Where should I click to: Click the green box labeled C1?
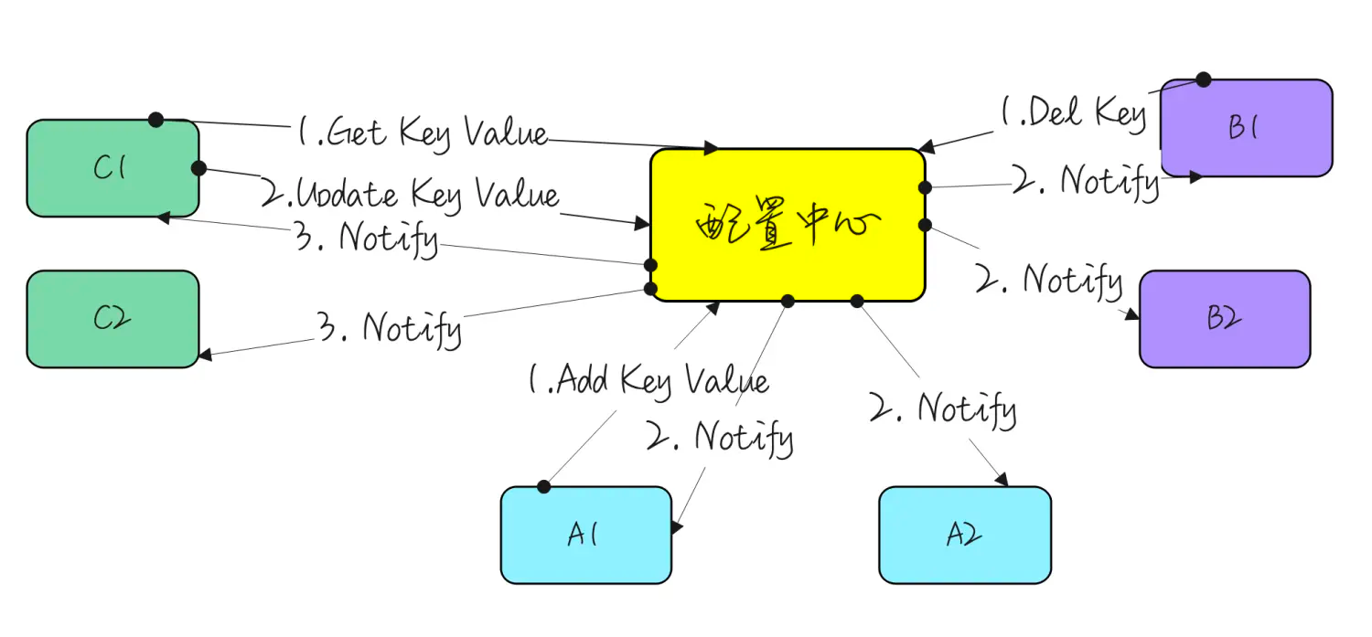pyautogui.click(x=113, y=168)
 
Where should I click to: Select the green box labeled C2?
pyautogui.click(x=113, y=319)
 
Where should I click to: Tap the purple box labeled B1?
pyautogui.click(x=1246, y=128)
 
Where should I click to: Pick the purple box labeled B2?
pyautogui.click(x=1225, y=319)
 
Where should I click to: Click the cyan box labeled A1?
pyautogui.click(x=585, y=535)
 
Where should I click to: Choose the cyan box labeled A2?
pyautogui.click(x=964, y=535)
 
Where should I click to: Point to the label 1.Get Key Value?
pyautogui.click(x=423, y=133)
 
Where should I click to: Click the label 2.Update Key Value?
pyautogui.click(x=410, y=195)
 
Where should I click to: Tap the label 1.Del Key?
pyautogui.click(x=1072, y=113)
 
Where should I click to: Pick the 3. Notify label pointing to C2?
pyautogui.click(x=389, y=327)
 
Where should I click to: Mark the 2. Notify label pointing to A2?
pyautogui.click(x=942, y=409)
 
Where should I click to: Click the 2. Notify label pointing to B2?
pyautogui.click(x=1049, y=279)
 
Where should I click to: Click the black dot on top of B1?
pyautogui.click(x=1204, y=80)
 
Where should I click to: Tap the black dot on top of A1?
pyautogui.click(x=544, y=486)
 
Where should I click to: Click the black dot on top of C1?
pyautogui.click(x=156, y=120)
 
